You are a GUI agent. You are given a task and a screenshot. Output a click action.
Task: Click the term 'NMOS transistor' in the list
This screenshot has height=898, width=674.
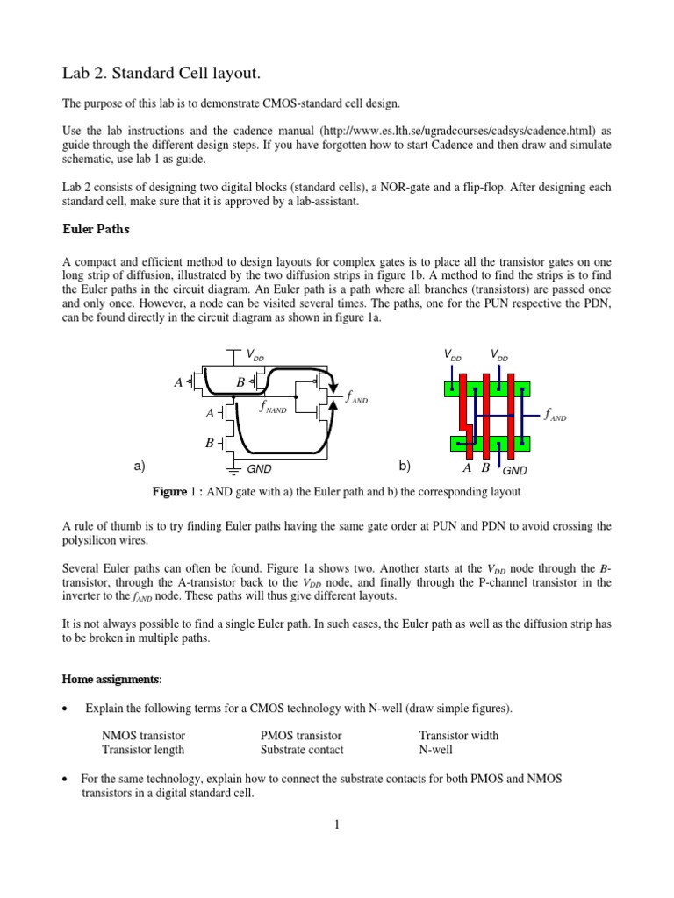click(x=144, y=736)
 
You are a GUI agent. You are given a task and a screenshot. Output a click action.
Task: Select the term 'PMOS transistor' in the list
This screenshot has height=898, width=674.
click(x=301, y=736)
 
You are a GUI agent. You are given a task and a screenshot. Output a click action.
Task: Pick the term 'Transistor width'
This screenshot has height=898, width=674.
click(x=458, y=736)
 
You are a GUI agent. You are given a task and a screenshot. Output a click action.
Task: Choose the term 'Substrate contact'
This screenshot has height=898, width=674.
click(x=302, y=750)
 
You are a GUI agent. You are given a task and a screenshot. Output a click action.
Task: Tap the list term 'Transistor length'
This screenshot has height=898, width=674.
click(x=143, y=750)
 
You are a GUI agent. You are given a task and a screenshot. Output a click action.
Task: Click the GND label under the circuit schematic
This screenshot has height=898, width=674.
click(x=261, y=470)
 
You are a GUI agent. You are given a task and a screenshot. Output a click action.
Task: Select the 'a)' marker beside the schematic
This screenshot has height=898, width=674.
click(x=140, y=466)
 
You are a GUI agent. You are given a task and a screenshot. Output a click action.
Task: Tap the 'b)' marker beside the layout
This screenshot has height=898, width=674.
click(x=405, y=466)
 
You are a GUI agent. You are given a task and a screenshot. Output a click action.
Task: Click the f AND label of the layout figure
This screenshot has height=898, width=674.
click(x=555, y=416)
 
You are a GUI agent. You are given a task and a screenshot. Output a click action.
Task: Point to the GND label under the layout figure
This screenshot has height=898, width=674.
click(x=514, y=470)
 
